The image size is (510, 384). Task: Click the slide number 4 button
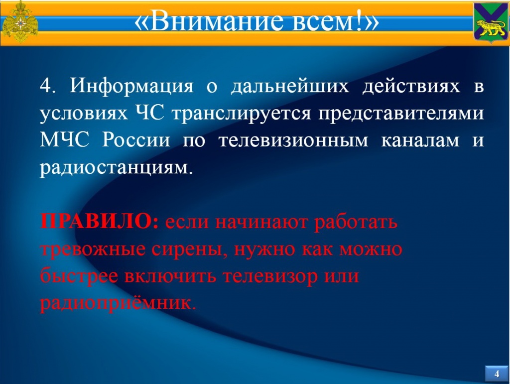[x=497, y=374]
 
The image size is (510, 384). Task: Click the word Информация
[x=131, y=87]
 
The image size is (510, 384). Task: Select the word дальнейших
[x=290, y=87]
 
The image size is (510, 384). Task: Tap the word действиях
[x=411, y=87]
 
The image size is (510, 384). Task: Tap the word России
[x=136, y=140]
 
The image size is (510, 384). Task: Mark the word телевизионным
[x=293, y=141]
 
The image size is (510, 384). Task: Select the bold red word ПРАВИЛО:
[x=100, y=222]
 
